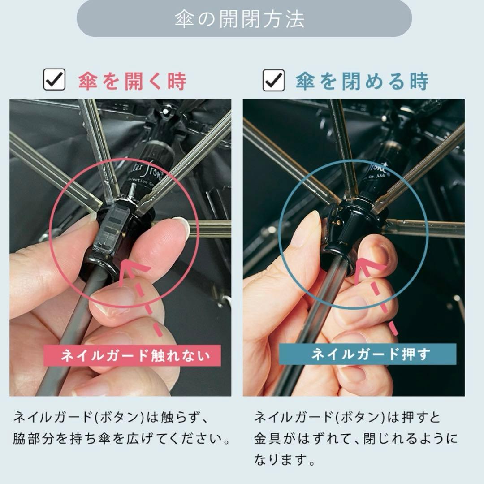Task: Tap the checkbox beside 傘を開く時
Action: point(54,81)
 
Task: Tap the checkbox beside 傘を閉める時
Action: point(273,81)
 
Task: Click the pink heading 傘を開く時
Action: point(132,81)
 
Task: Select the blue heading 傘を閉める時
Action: point(362,81)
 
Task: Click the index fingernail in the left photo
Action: point(181,227)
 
